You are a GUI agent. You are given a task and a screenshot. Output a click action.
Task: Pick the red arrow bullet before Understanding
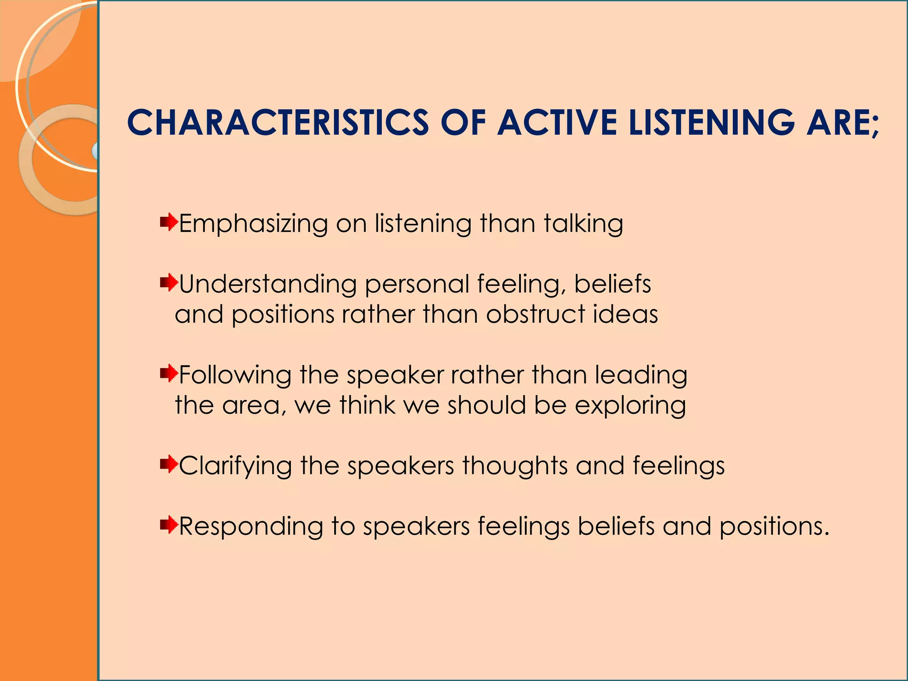point(169,282)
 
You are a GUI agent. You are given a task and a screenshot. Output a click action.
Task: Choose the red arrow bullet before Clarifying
point(169,464)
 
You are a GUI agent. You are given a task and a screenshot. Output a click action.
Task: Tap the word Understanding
point(268,284)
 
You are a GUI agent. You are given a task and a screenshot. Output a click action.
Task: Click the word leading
point(641,376)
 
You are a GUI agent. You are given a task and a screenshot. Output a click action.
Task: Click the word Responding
point(251,527)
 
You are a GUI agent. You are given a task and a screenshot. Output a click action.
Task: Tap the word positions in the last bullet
point(774,527)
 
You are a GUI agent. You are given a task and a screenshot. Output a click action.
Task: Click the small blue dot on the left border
point(95,151)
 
